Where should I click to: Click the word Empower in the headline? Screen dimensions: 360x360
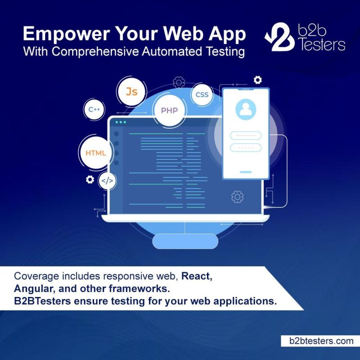click(x=66, y=34)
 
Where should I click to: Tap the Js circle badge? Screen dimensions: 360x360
click(x=131, y=92)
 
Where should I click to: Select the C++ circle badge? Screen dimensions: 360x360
click(x=94, y=109)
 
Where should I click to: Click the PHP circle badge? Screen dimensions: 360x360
click(x=170, y=110)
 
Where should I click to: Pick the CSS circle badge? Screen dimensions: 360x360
click(x=202, y=94)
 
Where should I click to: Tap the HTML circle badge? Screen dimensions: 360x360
click(x=96, y=153)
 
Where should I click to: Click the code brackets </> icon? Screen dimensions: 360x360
click(x=107, y=181)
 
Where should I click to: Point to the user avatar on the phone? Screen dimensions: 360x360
click(x=246, y=109)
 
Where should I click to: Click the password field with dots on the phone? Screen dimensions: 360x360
click(x=246, y=148)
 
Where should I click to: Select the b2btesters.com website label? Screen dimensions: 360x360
click(x=321, y=341)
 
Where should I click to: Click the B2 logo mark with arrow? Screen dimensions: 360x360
click(x=279, y=37)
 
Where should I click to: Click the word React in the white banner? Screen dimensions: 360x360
click(x=197, y=276)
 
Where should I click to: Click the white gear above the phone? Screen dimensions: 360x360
click(x=257, y=80)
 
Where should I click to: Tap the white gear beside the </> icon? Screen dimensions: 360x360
click(x=90, y=180)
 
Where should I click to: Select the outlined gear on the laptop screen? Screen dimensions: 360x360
click(x=238, y=197)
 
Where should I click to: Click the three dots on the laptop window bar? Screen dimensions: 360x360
click(x=121, y=122)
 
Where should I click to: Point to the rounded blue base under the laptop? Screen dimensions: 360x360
click(x=185, y=241)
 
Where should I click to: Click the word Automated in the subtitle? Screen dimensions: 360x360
click(x=172, y=51)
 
